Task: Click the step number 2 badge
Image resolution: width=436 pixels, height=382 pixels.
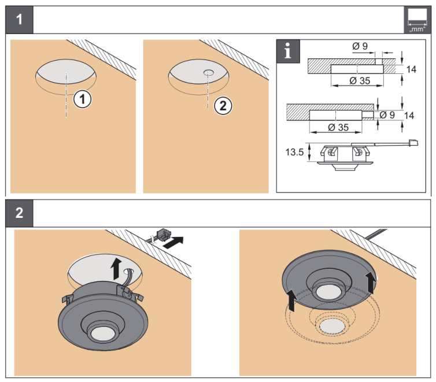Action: (20, 213)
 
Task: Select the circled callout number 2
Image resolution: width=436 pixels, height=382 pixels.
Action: (224, 105)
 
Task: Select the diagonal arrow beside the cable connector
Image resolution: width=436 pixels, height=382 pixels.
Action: (176, 241)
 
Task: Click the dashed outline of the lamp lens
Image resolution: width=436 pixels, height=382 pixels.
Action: (331, 327)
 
